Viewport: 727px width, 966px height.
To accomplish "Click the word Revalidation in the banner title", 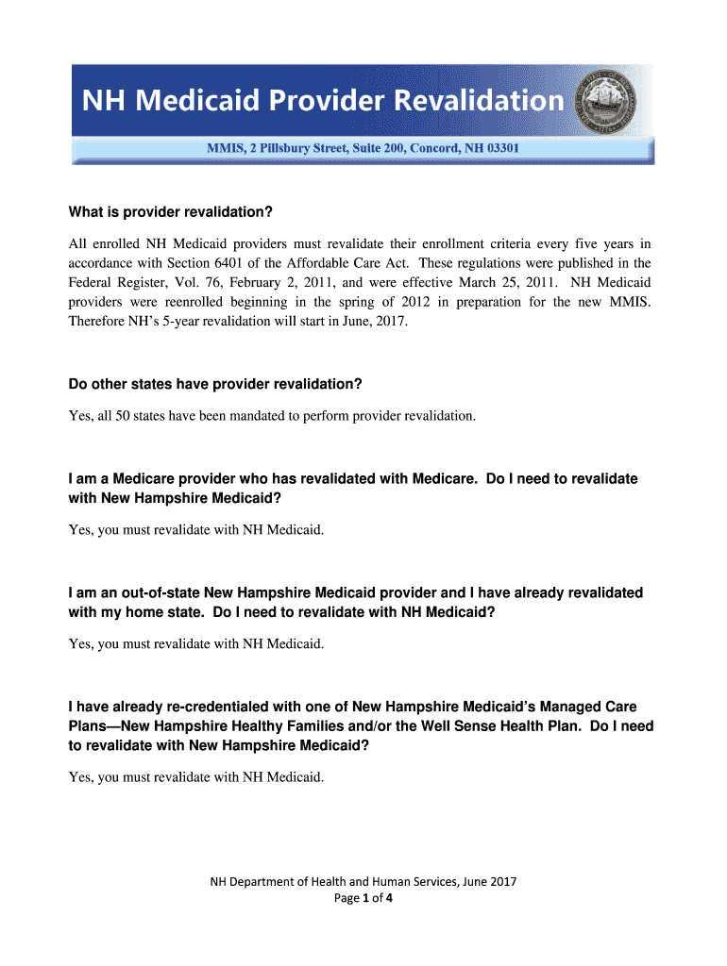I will point(479,101).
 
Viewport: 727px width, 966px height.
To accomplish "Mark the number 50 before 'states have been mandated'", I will point(122,415).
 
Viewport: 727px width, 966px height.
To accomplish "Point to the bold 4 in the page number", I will point(388,898).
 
